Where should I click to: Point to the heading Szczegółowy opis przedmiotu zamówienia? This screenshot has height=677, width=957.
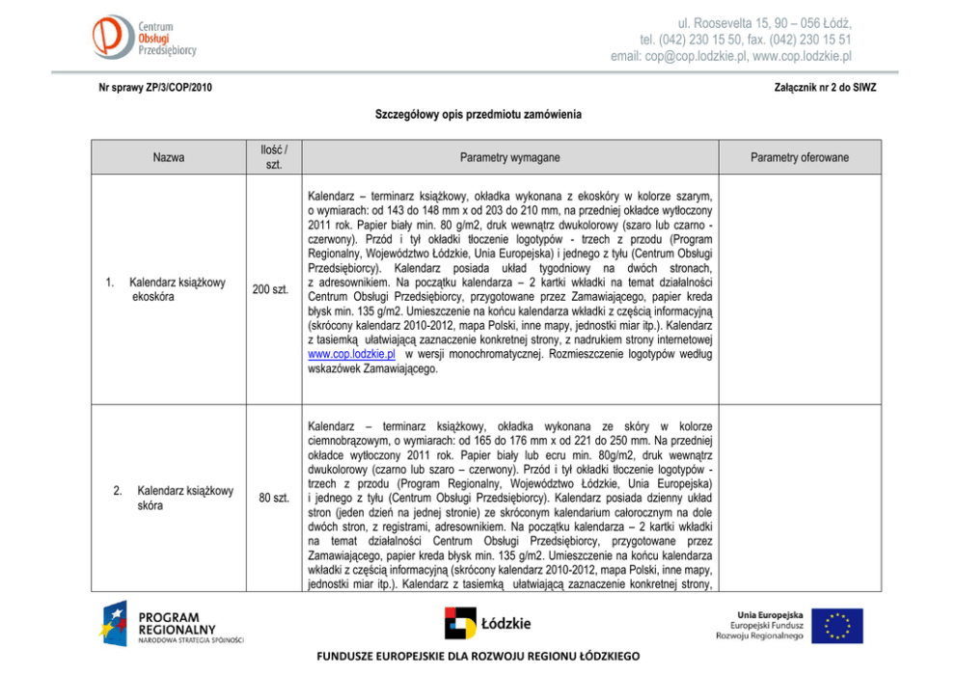(x=478, y=115)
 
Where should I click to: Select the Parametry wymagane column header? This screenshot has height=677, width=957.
(x=509, y=157)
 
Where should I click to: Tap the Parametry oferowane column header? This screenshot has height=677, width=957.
(x=800, y=157)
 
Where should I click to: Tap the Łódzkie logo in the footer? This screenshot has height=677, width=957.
(x=488, y=623)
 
